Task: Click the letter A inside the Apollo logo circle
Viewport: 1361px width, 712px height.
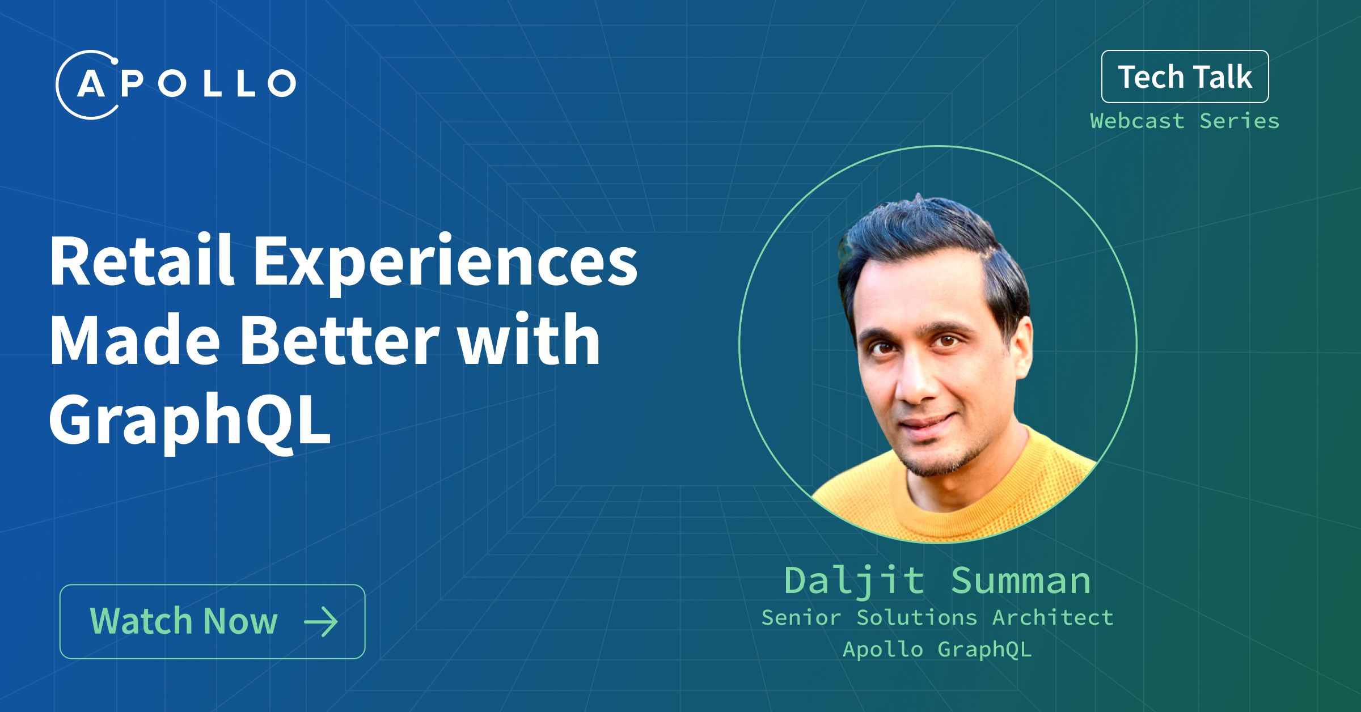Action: click(x=91, y=84)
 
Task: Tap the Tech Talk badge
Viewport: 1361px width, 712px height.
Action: click(x=1185, y=77)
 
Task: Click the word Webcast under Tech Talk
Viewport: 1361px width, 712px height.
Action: click(x=1137, y=121)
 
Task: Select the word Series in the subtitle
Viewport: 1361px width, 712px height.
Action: click(x=1240, y=121)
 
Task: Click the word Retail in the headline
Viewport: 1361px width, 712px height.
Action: click(x=142, y=261)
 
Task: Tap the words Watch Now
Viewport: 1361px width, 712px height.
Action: click(x=184, y=621)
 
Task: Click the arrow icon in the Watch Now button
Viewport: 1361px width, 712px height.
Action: click(x=321, y=622)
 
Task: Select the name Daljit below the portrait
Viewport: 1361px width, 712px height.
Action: click(x=855, y=582)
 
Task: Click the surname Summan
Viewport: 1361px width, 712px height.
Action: click(x=1021, y=580)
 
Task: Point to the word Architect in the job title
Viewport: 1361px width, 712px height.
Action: click(x=1053, y=617)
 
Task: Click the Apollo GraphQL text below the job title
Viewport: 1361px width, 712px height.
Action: click(x=937, y=650)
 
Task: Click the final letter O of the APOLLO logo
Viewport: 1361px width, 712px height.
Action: click(x=282, y=83)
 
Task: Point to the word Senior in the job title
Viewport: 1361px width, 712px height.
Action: click(x=801, y=617)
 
